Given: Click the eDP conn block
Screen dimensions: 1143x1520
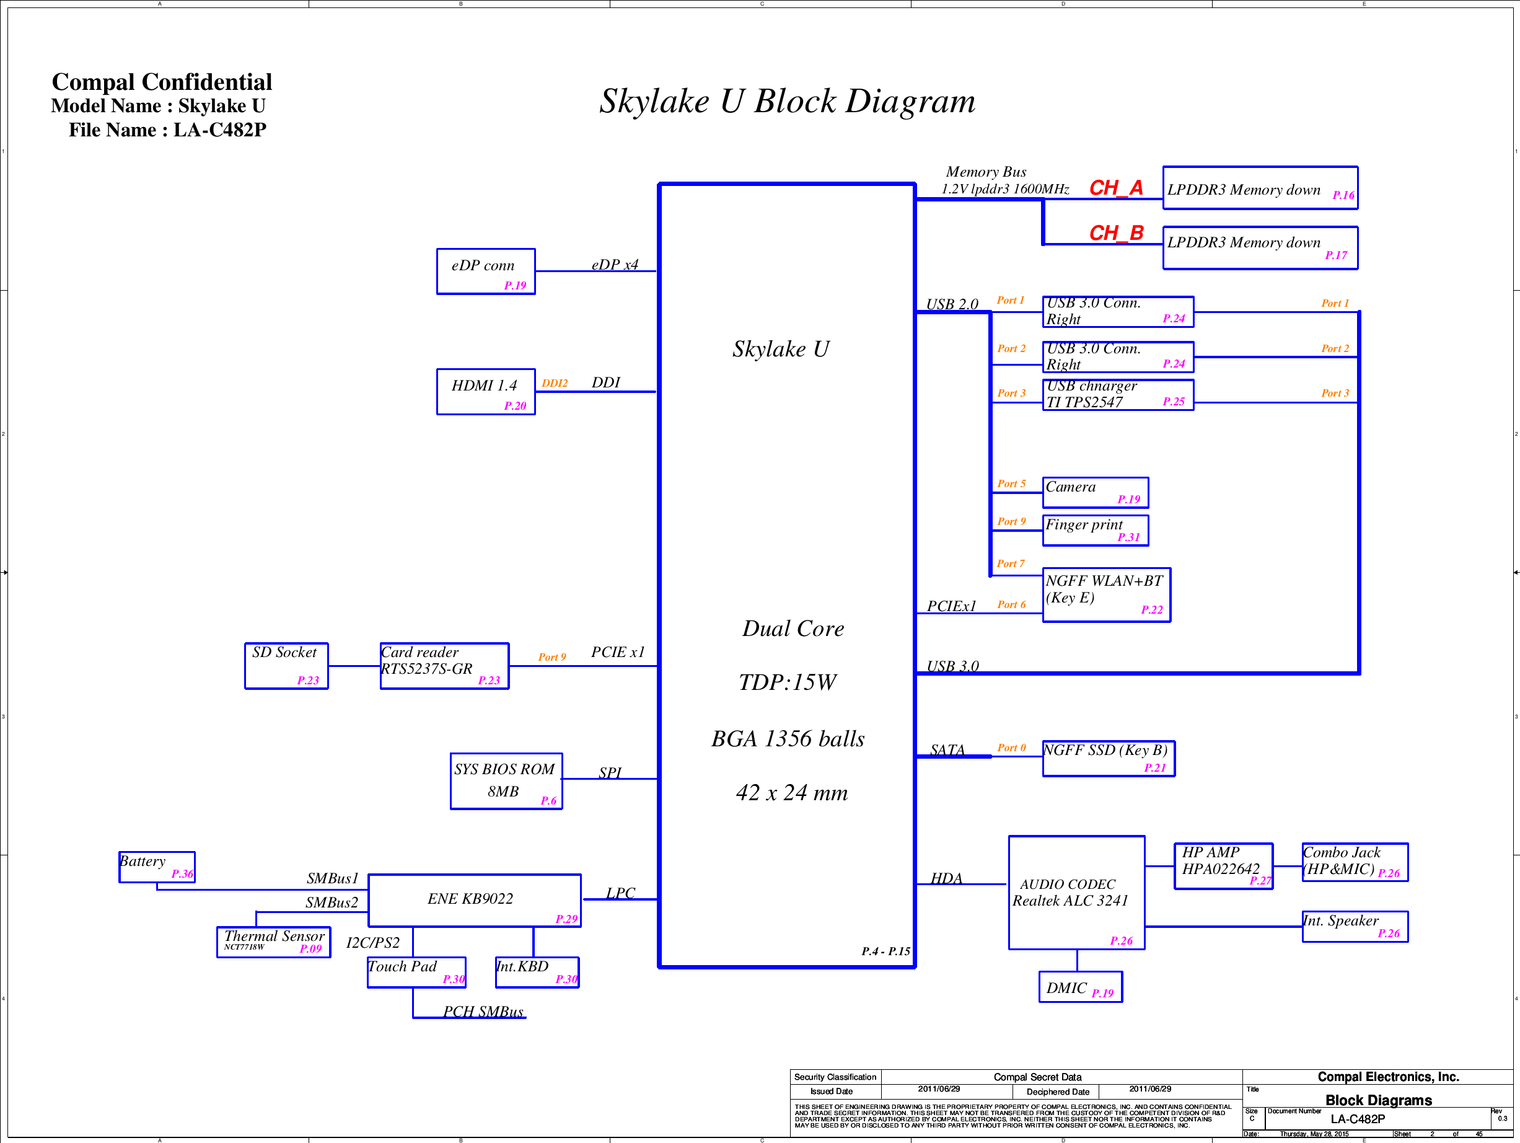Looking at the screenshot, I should [486, 271].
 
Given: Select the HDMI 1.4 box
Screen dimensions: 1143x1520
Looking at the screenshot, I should [486, 392].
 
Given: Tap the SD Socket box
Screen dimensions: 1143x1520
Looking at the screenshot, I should [286, 665].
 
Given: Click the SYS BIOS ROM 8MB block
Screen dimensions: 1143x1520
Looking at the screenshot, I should [506, 782].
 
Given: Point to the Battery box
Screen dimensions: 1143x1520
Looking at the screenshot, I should [157, 867].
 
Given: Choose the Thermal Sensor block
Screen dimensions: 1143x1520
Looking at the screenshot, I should [273, 942].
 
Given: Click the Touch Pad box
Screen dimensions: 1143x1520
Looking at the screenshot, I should [416, 972].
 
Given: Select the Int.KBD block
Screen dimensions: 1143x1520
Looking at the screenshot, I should [537, 972].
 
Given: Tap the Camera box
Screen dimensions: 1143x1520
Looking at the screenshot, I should [1095, 492].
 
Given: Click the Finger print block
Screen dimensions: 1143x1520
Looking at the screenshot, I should [1095, 530].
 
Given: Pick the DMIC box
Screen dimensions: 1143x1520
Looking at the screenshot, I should [1080, 987].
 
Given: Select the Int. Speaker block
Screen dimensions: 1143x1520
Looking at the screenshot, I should [1355, 926].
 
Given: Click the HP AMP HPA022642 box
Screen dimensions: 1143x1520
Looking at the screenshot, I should [1223, 866].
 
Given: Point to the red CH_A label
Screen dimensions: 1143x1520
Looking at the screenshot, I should [1116, 188].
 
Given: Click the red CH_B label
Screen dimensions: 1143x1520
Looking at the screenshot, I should [1116, 233].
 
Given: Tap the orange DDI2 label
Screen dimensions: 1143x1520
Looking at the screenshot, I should [555, 384].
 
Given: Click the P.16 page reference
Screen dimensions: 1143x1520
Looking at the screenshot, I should [1343, 195].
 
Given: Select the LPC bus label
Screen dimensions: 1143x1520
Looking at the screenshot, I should [620, 893].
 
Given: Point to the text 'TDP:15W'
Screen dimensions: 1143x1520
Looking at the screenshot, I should [788, 682].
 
